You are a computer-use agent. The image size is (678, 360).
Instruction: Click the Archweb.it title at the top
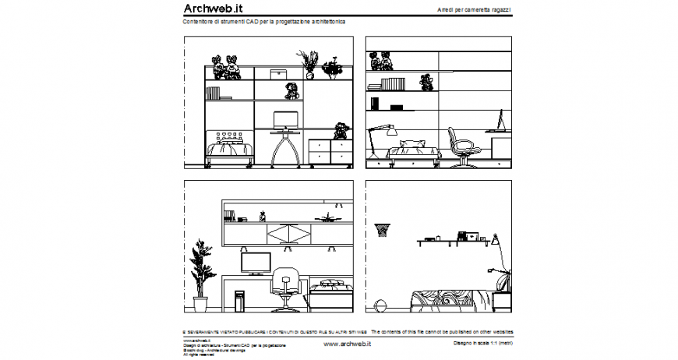[x=213, y=9]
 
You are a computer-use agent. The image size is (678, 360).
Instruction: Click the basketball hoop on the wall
[x=382, y=229]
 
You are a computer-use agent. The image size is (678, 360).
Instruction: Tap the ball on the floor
[x=380, y=305]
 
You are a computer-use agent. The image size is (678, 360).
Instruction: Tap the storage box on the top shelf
[x=280, y=73]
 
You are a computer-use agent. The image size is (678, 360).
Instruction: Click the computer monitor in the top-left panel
[x=285, y=121]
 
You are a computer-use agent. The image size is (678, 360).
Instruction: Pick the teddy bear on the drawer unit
[x=341, y=130]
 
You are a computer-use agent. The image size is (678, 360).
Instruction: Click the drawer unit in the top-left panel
[x=330, y=152]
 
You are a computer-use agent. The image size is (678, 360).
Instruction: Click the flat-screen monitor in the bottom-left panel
[x=256, y=263]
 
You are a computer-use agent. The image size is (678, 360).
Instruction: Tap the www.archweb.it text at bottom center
[x=347, y=344]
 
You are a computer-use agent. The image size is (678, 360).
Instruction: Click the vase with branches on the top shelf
[x=306, y=64]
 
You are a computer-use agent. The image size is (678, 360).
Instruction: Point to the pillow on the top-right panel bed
[x=412, y=144]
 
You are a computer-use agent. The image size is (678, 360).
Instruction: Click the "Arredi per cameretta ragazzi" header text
[x=475, y=9]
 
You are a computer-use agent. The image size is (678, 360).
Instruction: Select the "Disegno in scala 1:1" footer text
[x=483, y=343]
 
